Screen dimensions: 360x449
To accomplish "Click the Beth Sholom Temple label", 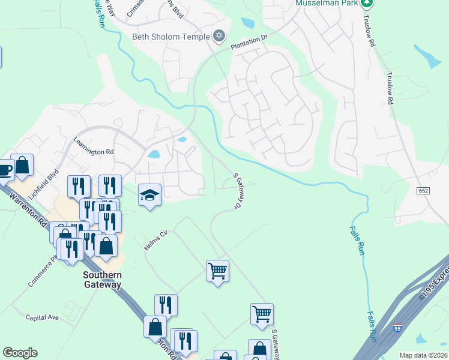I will click(x=170, y=36).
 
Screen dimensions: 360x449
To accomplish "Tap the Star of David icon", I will click(x=219, y=36).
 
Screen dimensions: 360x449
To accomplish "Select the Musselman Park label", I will click(x=327, y=3).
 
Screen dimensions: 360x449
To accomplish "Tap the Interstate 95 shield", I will click(x=397, y=329).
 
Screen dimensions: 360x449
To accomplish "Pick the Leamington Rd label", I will click(x=93, y=152).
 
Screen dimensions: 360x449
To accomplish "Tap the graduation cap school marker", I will click(x=149, y=195).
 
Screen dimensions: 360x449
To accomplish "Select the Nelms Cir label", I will click(x=155, y=241).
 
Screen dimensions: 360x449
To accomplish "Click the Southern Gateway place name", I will click(x=102, y=280).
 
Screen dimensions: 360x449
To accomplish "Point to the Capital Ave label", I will click(x=42, y=317).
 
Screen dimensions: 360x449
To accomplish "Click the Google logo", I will click(x=20, y=353).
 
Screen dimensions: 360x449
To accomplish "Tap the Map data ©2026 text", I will click(x=423, y=355).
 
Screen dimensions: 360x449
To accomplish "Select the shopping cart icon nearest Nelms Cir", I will click(x=217, y=271).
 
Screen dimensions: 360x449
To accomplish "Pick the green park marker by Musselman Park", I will click(x=367, y=3).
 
